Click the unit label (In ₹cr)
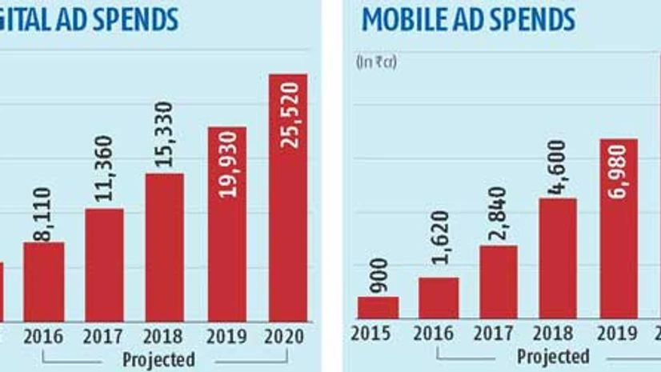click(376, 62)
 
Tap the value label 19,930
click(226, 169)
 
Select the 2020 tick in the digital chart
click(287, 335)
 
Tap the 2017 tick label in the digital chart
click(104, 335)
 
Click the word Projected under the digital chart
click(158, 359)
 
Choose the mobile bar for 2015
click(377, 307)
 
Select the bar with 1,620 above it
click(439, 298)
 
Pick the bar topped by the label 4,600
click(557, 258)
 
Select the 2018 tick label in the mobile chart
click(557, 334)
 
